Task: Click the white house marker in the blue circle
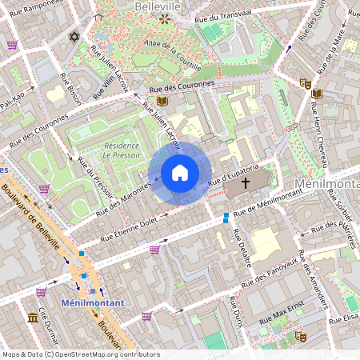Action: [180, 173]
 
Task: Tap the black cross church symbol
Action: [245, 183]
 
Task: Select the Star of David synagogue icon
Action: [76, 37]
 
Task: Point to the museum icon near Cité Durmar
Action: [33, 318]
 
